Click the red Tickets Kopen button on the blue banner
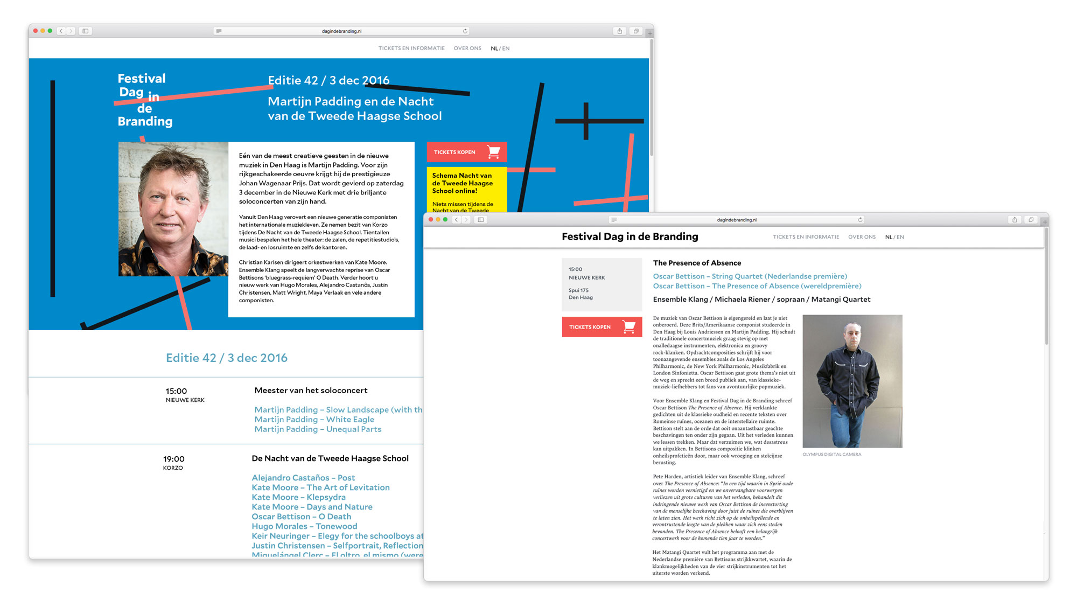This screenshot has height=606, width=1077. point(466,152)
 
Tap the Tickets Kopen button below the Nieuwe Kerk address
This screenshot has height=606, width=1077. point(602,327)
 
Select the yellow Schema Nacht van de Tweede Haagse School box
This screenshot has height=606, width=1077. point(466,189)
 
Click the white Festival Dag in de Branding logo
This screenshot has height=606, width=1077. point(144,100)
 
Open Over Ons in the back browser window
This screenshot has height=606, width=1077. point(467,48)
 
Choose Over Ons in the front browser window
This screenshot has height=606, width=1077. point(862,237)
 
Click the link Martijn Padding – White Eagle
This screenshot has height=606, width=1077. point(314,420)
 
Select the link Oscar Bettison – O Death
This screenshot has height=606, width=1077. point(301,517)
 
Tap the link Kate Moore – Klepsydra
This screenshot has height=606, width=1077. point(298,497)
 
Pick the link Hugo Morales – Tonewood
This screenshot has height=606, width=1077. point(304,526)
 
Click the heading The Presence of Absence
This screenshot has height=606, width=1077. point(697,263)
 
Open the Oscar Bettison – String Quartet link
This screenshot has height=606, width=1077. point(750,276)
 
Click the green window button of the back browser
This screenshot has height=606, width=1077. point(50,31)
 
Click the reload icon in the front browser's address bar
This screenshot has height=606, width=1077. point(860,220)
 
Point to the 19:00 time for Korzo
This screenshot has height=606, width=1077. point(173,459)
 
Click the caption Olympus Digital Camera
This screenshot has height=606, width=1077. point(831,455)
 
